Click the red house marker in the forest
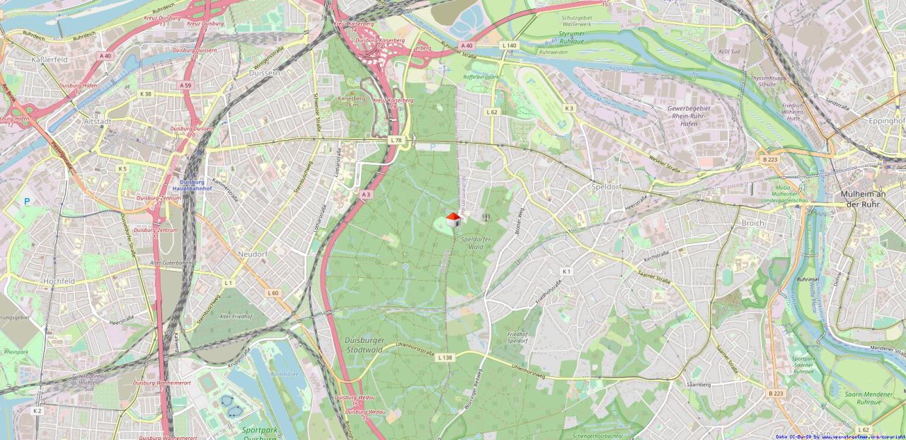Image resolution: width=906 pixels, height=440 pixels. click(454, 219)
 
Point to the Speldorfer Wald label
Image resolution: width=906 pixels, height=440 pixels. click(476, 243)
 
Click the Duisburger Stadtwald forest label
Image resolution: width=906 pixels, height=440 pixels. click(364, 344)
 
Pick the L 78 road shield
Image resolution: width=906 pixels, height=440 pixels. click(396, 141)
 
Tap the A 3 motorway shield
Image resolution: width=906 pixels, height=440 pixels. click(366, 194)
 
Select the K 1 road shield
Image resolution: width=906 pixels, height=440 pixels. click(566, 272)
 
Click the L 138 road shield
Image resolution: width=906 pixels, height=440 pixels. click(445, 358)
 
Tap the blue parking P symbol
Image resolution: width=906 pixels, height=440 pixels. click(27, 201)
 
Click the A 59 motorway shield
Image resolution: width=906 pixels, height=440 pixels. click(185, 85)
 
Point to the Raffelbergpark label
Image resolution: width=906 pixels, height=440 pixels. click(481, 76)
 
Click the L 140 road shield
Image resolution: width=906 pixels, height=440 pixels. click(509, 45)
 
